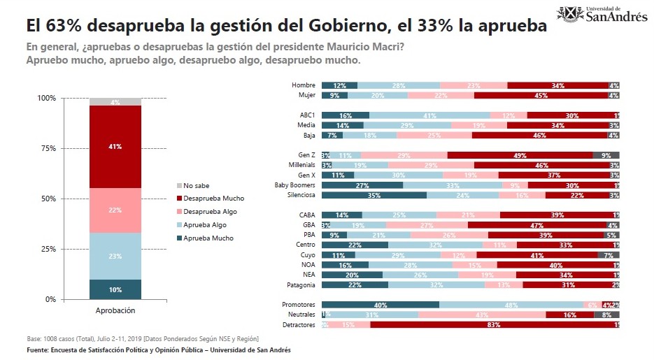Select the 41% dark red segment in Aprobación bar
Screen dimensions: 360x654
coord(115,147)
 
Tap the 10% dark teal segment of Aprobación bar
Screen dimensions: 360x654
coord(115,289)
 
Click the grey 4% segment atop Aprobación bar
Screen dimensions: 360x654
coord(115,102)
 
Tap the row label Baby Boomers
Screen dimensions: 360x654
coord(297,185)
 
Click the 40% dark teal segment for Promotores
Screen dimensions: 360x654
coord(380,305)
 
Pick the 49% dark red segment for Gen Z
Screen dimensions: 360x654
coord(520,154)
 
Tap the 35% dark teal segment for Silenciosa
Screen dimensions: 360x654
coord(374,196)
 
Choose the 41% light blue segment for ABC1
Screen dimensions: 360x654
coord(429,115)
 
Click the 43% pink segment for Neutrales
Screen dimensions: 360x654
coord(482,315)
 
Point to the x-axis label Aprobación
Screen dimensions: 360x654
coord(115,310)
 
